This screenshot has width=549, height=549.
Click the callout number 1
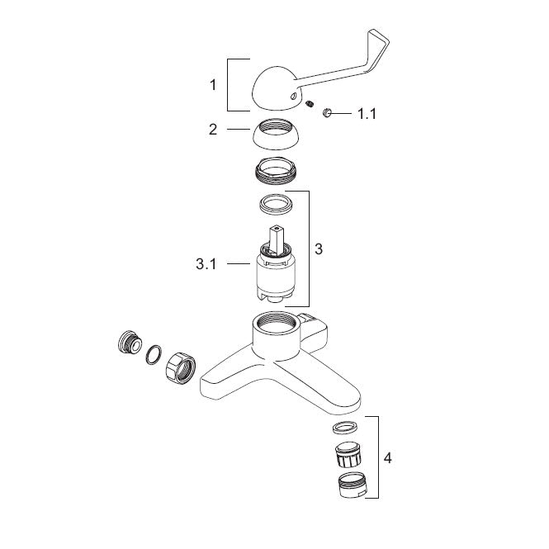(213, 85)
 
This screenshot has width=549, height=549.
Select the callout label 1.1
(367, 114)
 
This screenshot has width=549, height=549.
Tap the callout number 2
(213, 130)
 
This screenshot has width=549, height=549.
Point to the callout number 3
(319, 249)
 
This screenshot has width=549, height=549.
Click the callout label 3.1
(206, 264)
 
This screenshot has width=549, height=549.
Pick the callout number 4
(387, 458)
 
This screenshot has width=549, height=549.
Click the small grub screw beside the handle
(309, 104)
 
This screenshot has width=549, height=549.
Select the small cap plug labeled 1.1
(327, 113)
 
